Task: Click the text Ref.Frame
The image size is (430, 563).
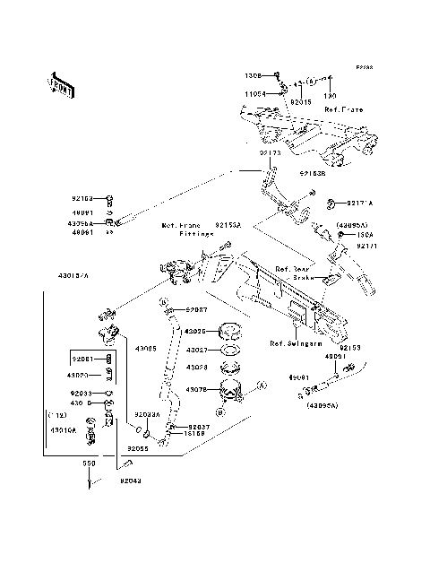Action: click(x=343, y=109)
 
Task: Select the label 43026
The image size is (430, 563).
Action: click(x=195, y=332)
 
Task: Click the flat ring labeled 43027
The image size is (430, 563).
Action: click(x=227, y=350)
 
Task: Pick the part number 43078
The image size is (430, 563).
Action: click(x=195, y=390)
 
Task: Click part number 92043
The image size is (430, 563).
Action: click(x=130, y=481)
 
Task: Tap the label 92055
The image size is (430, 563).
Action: click(x=137, y=446)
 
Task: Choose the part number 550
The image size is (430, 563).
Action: click(x=90, y=464)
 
